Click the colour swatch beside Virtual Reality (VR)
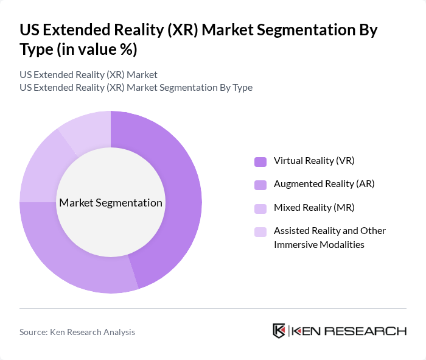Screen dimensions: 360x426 pos(260,161)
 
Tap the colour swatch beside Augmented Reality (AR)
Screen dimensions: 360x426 pos(260,185)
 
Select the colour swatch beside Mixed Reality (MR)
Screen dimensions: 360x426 pos(260,208)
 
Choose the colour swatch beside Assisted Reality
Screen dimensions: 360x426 pos(260,231)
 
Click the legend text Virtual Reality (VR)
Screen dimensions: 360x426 pos(314,161)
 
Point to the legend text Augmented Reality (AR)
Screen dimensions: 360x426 pos(324,184)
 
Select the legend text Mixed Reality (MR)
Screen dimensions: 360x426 pos(314,207)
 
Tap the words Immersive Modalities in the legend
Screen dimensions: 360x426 pos(319,244)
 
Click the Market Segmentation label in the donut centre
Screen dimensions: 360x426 pos(111,202)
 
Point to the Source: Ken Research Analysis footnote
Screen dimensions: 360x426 pos(77,332)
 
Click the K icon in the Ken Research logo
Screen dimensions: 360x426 pos(279,331)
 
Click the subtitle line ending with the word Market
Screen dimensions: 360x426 pos(88,74)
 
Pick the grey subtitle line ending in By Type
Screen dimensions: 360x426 pos(136,87)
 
